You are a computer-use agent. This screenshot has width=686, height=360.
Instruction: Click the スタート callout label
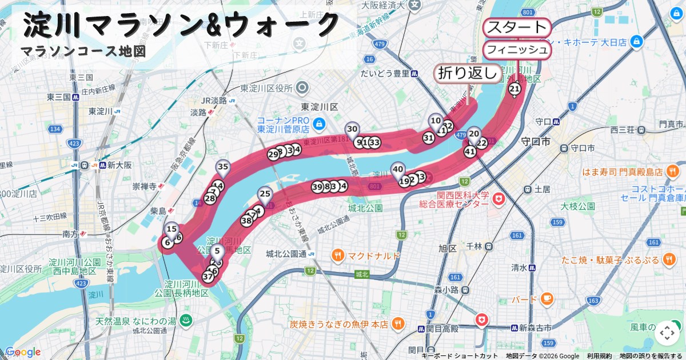[x=517, y=27]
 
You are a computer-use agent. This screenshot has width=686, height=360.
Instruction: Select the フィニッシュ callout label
[x=517, y=50]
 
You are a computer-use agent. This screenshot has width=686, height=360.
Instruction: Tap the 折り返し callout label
[x=468, y=74]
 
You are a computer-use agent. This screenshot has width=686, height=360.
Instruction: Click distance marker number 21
[x=514, y=88]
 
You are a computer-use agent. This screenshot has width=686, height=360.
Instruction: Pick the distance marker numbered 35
[x=223, y=167]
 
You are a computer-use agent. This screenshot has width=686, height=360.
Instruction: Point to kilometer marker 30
[x=352, y=129]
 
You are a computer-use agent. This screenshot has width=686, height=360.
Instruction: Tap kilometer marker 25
[x=264, y=194]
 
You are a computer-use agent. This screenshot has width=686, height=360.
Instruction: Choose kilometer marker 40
[x=398, y=169]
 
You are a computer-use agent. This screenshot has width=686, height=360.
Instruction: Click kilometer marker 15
[x=171, y=229]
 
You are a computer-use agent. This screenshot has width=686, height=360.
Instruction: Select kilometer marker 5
[x=217, y=250]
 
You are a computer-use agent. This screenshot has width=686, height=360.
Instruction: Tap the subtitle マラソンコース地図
[x=83, y=51]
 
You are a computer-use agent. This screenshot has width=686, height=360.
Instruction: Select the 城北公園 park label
[x=364, y=207]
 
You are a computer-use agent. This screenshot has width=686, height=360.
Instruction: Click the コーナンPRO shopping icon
[x=319, y=122]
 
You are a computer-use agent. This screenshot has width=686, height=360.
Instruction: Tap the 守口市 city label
[x=535, y=141]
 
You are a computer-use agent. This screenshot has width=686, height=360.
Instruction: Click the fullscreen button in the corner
[x=667, y=333]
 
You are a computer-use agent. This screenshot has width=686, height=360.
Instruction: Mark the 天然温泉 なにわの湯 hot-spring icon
[x=185, y=321]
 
